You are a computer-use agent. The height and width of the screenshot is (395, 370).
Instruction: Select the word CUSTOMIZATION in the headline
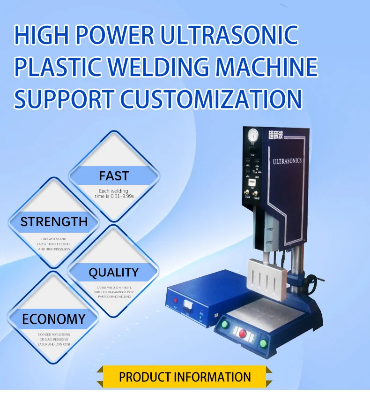(211, 99)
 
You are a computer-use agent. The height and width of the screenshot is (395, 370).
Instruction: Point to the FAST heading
(113, 176)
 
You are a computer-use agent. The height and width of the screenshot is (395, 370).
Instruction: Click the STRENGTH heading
(54, 221)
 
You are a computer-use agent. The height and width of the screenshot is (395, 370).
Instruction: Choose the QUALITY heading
(113, 272)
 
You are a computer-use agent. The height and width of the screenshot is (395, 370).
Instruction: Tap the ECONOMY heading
(54, 319)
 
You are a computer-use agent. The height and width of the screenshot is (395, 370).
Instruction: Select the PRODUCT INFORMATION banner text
(185, 377)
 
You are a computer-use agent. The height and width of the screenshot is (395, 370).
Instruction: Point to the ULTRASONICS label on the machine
(287, 161)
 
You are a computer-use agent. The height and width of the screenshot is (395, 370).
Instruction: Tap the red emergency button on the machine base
(243, 334)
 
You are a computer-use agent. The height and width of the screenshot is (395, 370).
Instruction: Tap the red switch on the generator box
(176, 301)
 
